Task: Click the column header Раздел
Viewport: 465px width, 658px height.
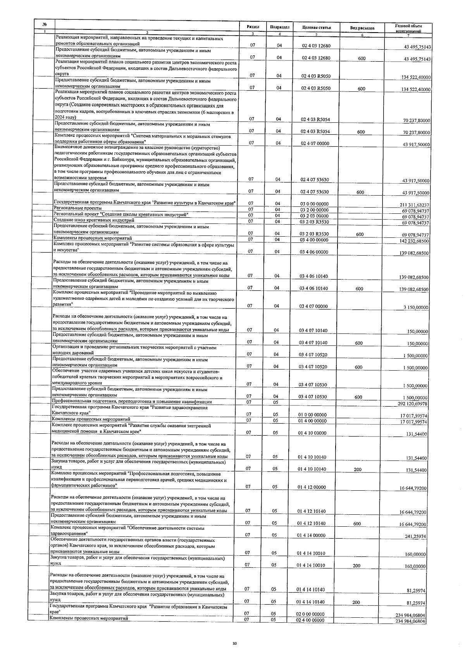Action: coord(253,27)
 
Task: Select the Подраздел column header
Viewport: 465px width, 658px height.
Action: coord(279,27)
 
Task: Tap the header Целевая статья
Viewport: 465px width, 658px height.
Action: coord(316,28)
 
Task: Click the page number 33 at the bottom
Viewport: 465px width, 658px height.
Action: coord(234,643)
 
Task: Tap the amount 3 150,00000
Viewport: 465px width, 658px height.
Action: coord(415,308)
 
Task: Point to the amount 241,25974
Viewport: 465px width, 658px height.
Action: coord(416,536)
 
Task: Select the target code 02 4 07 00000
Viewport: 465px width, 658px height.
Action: coord(315,144)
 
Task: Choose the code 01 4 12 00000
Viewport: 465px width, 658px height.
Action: coord(312,488)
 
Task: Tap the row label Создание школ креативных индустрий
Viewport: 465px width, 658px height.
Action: coord(93,220)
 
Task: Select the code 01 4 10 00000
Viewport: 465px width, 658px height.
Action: coord(312,433)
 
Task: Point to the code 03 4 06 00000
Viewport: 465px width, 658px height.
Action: coord(314,252)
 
